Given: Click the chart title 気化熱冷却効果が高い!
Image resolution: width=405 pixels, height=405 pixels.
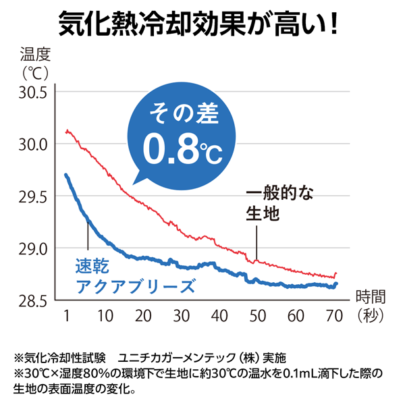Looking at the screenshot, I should click(202, 24).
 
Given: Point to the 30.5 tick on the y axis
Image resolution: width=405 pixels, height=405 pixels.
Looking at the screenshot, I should click(30, 92).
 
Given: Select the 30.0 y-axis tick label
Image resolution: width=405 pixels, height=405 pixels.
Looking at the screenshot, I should click(30, 144).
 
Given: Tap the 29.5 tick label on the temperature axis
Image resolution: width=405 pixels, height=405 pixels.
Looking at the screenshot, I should click(30, 197).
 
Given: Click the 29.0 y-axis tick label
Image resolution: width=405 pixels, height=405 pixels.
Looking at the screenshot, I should click(30, 249).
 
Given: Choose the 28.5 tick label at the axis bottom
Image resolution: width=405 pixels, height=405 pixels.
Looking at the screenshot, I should click(30, 301).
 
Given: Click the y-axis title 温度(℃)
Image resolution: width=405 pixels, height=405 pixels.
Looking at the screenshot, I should click(35, 61).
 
